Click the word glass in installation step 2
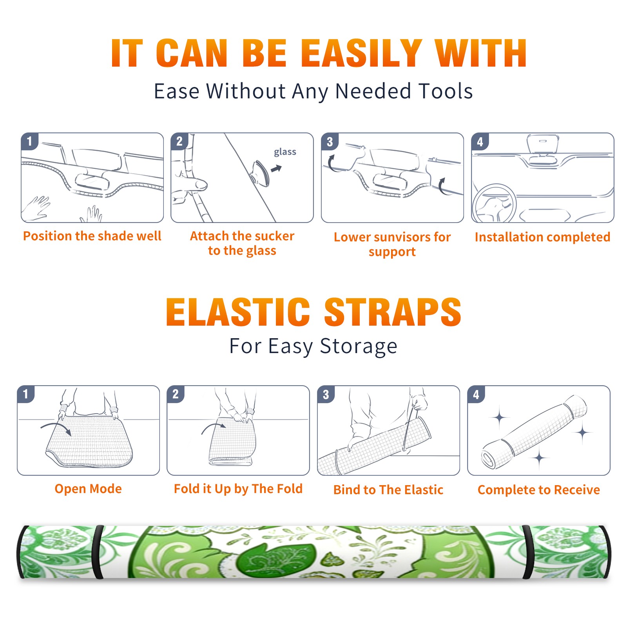(285, 152)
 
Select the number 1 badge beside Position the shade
(30, 141)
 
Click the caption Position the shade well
(92, 236)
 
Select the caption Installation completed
(542, 237)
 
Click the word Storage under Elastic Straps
(359, 346)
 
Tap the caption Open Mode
(88, 489)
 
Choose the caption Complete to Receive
(539, 490)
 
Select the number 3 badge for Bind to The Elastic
(326, 394)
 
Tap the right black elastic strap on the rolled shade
(528, 552)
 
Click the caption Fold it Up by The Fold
(238, 489)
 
